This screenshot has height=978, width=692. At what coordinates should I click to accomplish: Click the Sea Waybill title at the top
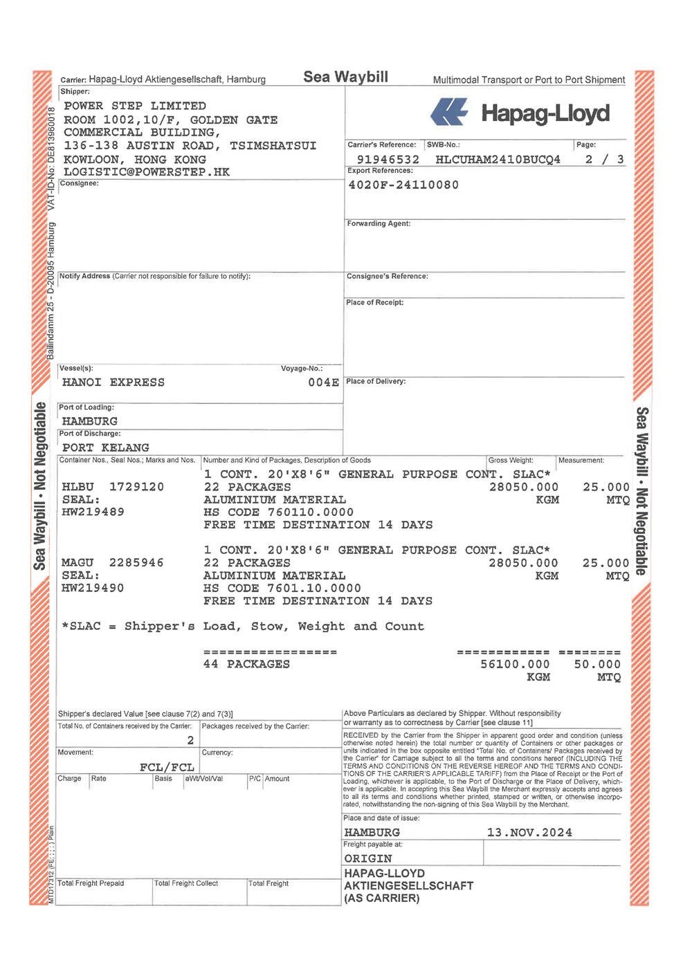click(345, 77)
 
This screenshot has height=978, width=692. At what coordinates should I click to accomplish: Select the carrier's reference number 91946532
click(388, 159)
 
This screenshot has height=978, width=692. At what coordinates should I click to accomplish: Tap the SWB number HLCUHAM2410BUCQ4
click(498, 159)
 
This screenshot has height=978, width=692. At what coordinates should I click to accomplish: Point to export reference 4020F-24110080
click(403, 185)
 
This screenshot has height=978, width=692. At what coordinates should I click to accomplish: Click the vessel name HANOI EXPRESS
click(113, 382)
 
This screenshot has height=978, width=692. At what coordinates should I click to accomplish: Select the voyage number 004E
click(323, 382)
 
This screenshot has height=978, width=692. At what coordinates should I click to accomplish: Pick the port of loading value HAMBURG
click(90, 421)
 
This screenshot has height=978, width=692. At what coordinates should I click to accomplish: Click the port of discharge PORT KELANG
click(106, 448)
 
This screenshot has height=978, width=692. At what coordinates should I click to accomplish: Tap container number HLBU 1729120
click(113, 487)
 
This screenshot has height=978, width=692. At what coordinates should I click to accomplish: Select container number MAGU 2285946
click(113, 563)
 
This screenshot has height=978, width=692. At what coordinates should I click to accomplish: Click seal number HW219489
click(93, 512)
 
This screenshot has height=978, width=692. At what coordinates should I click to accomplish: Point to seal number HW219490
click(93, 588)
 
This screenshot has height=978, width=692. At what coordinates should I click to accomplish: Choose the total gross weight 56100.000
click(515, 664)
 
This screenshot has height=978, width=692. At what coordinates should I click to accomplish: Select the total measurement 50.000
click(597, 664)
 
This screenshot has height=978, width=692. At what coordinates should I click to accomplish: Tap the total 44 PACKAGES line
click(247, 664)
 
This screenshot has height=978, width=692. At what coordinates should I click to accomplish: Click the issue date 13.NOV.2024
click(529, 832)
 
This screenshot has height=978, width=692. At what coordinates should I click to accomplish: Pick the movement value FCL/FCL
click(167, 767)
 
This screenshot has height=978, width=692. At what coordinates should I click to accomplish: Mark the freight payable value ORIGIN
click(368, 858)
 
